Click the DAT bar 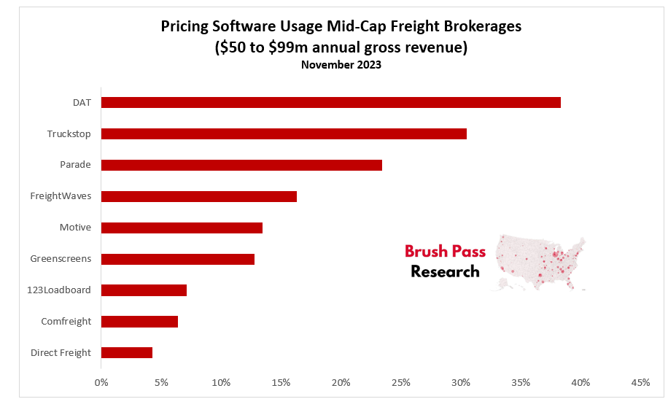tap(330, 102)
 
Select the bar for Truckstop tap(284, 133)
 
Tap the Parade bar tap(241, 165)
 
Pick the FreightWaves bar tap(198, 196)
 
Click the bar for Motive tap(182, 228)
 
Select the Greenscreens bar tap(177, 259)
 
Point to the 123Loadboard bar tap(144, 290)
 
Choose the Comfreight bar tap(139, 322)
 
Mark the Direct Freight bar tap(127, 353)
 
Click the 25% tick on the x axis tap(400, 382)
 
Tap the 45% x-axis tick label tap(640, 382)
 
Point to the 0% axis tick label tap(101, 382)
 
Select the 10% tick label tap(221, 382)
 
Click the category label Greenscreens tap(61, 259)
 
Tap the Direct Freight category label tap(61, 353)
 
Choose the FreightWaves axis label tap(61, 196)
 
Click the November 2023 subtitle tap(341, 65)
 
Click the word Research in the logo tap(445, 272)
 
